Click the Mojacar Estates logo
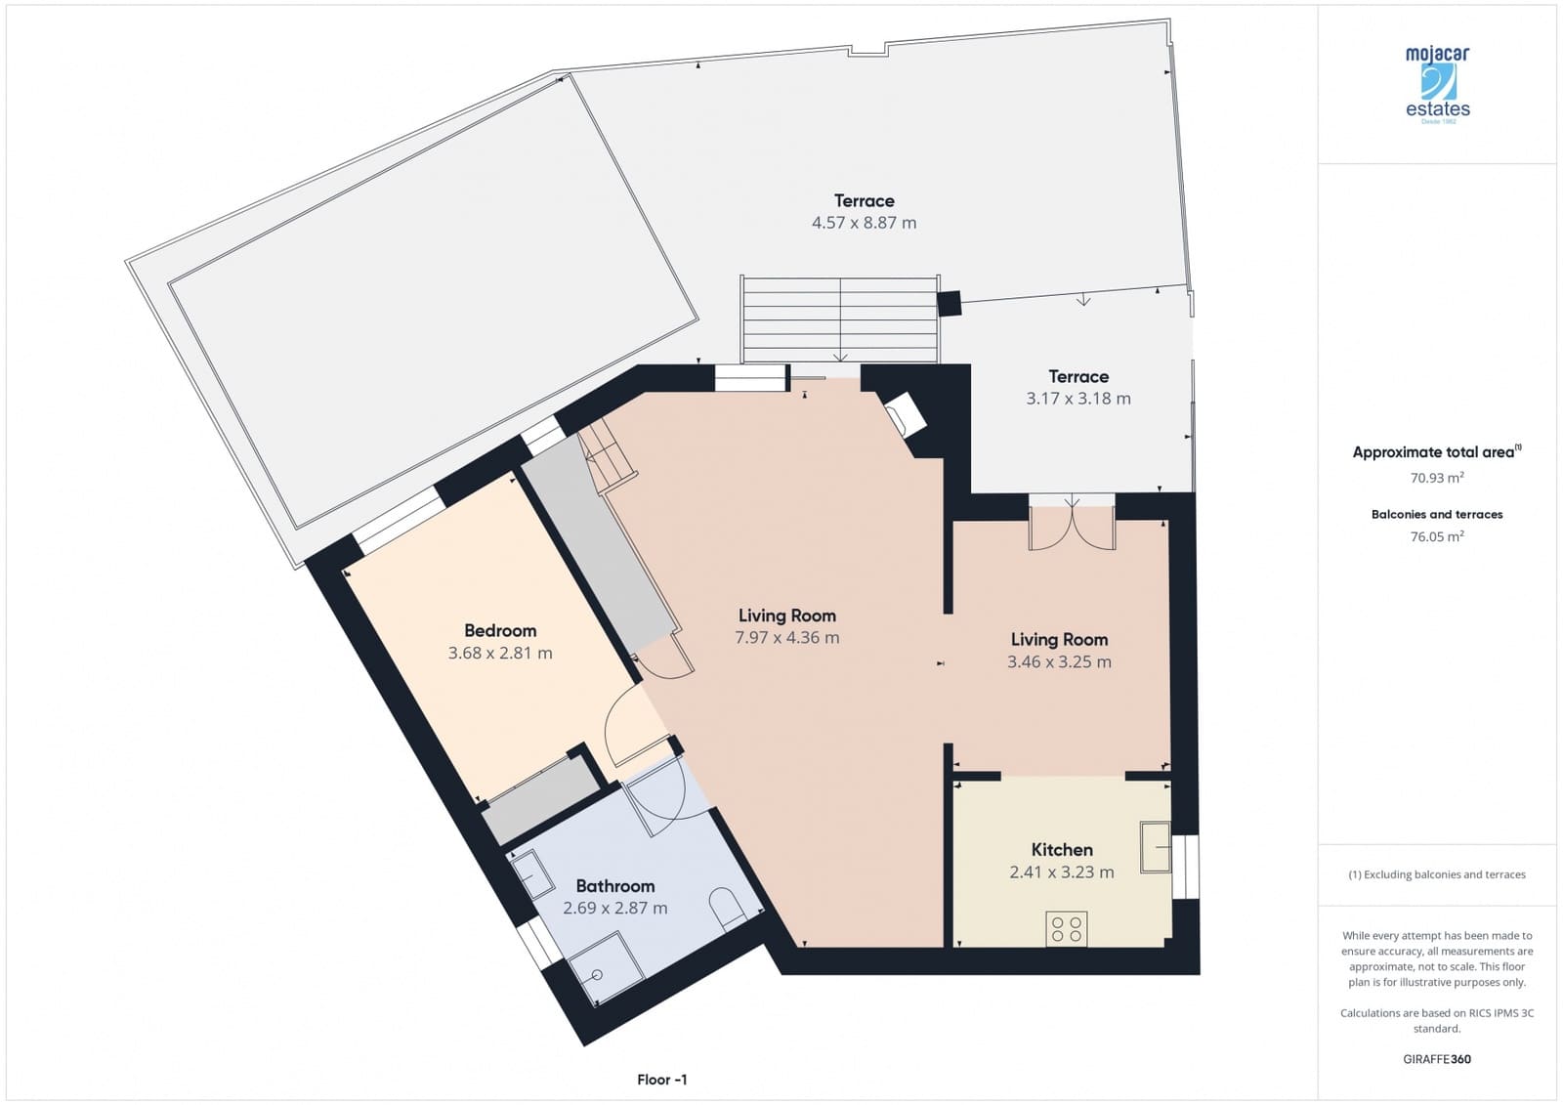point(1437,84)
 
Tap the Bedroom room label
point(500,630)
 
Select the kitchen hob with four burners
point(1066,928)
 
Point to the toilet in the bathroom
point(727,909)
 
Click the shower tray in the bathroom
point(606,967)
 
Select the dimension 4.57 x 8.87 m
point(864,223)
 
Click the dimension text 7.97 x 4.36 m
point(786,638)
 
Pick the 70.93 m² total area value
point(1436,478)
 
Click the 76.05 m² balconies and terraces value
point(1436,536)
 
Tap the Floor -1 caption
point(661,1080)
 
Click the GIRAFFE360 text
point(1436,1059)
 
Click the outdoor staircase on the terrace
point(840,319)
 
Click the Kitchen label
point(1062,850)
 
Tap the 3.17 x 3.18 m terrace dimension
point(1077,399)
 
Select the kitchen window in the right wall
point(1184,866)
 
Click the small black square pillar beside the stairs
point(949,304)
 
